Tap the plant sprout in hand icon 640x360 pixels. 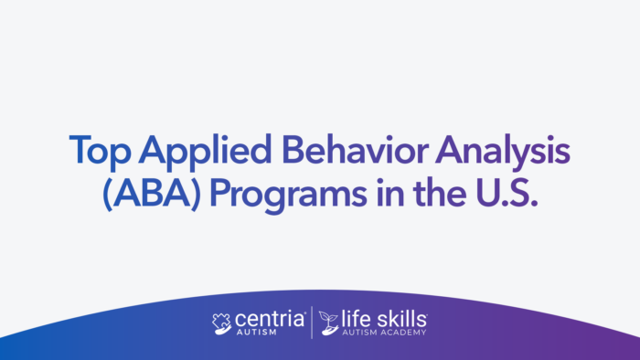(329, 323)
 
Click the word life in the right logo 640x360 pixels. (359, 319)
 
